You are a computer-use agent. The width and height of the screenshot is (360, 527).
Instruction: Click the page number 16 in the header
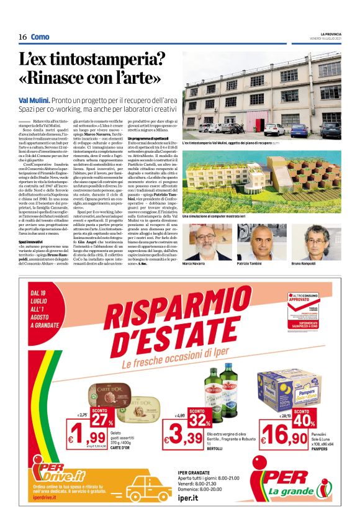point(22,37)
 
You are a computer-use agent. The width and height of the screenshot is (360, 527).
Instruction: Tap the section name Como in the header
point(40,37)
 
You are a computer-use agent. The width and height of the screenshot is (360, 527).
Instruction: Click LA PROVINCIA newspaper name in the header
point(331,33)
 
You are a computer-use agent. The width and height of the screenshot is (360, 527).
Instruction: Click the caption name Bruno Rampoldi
point(322,264)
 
